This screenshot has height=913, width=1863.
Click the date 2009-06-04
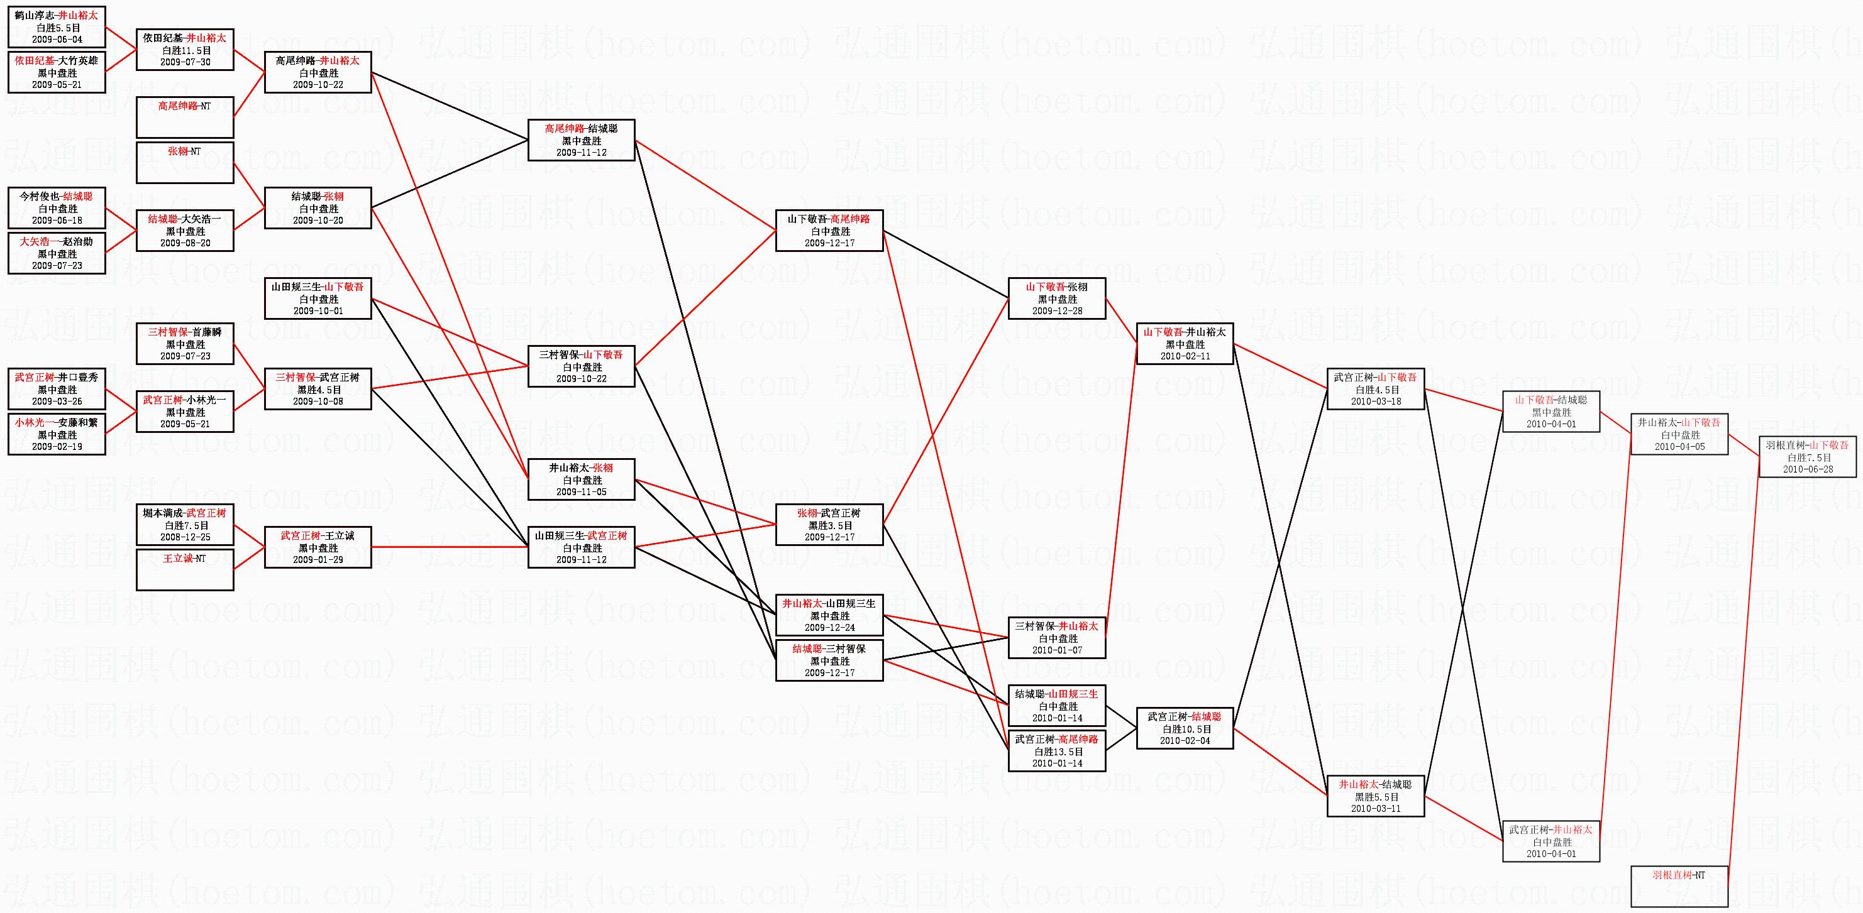(x=57, y=40)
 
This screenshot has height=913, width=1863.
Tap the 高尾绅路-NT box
(x=185, y=117)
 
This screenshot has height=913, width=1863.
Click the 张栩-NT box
(x=185, y=163)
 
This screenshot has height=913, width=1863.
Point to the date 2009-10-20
(x=318, y=221)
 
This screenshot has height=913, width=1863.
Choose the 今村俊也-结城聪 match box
(x=57, y=208)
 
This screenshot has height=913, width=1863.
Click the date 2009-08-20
(x=185, y=243)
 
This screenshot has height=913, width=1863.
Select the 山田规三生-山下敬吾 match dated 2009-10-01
(x=318, y=298)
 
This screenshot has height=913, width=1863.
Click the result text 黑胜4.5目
(x=318, y=390)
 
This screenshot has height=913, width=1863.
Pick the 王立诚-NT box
(x=185, y=570)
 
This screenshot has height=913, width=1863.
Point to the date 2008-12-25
(x=185, y=537)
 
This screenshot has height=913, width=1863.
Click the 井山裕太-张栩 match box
(x=582, y=479)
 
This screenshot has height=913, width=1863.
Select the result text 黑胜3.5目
(x=829, y=525)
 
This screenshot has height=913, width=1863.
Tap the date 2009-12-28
(x=1058, y=311)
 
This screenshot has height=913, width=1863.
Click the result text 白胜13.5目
(x=1058, y=752)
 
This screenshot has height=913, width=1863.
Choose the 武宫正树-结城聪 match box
(x=1185, y=728)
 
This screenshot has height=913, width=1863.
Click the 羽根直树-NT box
(x=1679, y=885)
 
